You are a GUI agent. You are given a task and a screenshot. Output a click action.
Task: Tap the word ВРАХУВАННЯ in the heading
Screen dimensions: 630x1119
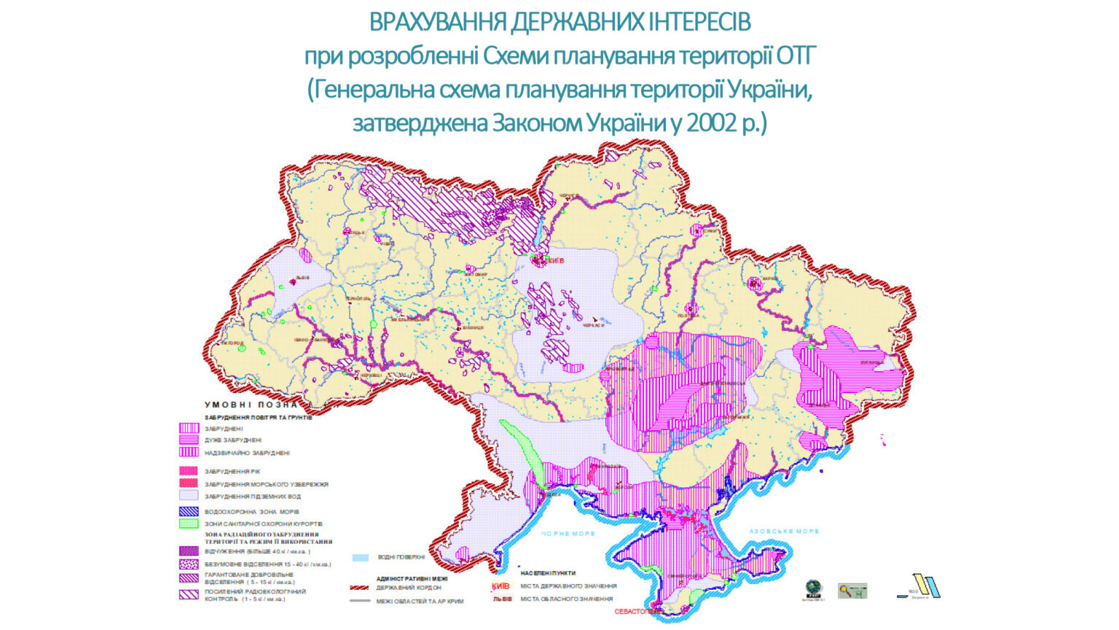click(x=436, y=23)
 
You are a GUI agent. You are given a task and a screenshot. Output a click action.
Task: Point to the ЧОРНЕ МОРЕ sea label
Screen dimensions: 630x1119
click(x=568, y=534)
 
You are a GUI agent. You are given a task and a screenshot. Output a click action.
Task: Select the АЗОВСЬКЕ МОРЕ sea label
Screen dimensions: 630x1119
click(x=784, y=532)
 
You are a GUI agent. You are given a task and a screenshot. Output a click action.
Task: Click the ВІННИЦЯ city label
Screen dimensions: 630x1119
click(x=471, y=328)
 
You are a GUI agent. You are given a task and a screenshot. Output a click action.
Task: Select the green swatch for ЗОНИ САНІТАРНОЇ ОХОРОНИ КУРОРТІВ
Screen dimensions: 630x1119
click(x=189, y=524)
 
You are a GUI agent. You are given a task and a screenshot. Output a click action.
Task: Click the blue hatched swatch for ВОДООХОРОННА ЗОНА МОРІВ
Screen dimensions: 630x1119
click(x=189, y=512)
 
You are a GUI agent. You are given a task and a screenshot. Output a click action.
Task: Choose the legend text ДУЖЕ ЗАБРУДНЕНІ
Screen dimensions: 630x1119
click(x=232, y=440)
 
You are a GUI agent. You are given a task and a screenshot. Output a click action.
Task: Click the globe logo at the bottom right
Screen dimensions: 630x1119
click(x=814, y=588)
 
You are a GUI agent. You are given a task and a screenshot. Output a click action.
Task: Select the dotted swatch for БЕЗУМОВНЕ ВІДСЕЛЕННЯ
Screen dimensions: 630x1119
click(x=189, y=564)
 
